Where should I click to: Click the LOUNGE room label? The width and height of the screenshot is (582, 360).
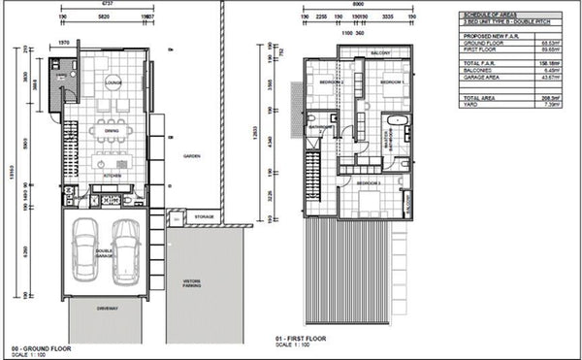[113, 82]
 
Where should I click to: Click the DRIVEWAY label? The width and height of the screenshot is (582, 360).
[108, 309]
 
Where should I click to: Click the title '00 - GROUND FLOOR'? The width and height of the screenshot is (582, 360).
[37, 346]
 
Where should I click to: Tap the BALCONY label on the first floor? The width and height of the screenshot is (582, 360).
[379, 52]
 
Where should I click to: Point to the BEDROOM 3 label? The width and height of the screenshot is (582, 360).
[368, 182]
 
